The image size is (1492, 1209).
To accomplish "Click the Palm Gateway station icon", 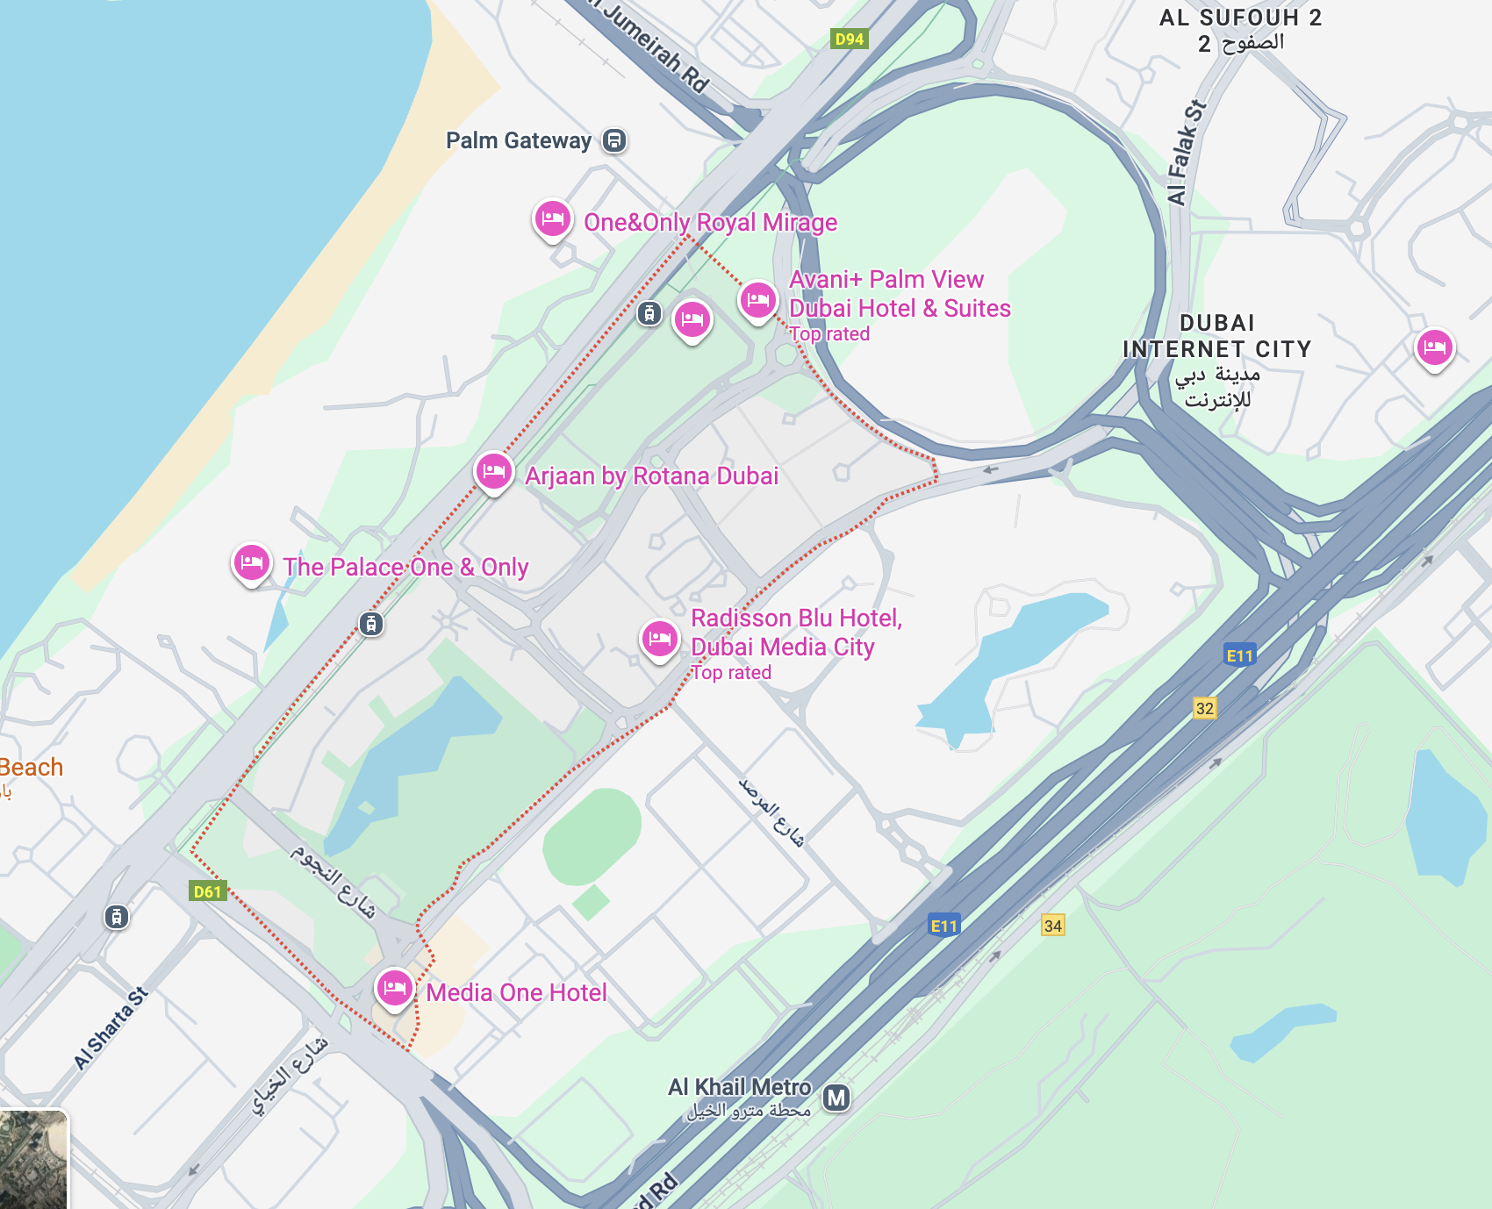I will tap(614, 140).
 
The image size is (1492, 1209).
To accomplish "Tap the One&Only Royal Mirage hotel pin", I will tap(552, 218).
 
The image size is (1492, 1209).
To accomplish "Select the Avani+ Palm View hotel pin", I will tap(758, 300).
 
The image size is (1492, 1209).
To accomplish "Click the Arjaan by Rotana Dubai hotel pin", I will tap(494, 471).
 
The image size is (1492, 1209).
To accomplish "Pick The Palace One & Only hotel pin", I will tap(252, 562).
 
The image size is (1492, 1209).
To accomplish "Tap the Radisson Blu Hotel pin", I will tap(660, 638).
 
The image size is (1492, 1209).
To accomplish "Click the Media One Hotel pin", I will tap(395, 988).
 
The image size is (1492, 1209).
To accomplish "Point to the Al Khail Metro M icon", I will tap(836, 1097).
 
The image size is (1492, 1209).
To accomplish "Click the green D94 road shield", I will tap(849, 39).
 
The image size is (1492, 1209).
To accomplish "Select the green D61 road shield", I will tap(208, 891).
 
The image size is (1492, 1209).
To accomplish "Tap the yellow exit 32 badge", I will tap(1205, 708).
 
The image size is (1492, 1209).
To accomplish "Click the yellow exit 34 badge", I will tap(1053, 925).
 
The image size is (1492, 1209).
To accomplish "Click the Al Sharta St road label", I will tap(111, 1028).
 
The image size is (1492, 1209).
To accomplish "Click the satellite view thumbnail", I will tap(33, 1159).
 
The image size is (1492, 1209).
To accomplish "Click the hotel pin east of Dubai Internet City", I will tap(1435, 347).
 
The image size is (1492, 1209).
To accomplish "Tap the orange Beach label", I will tap(31, 768).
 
